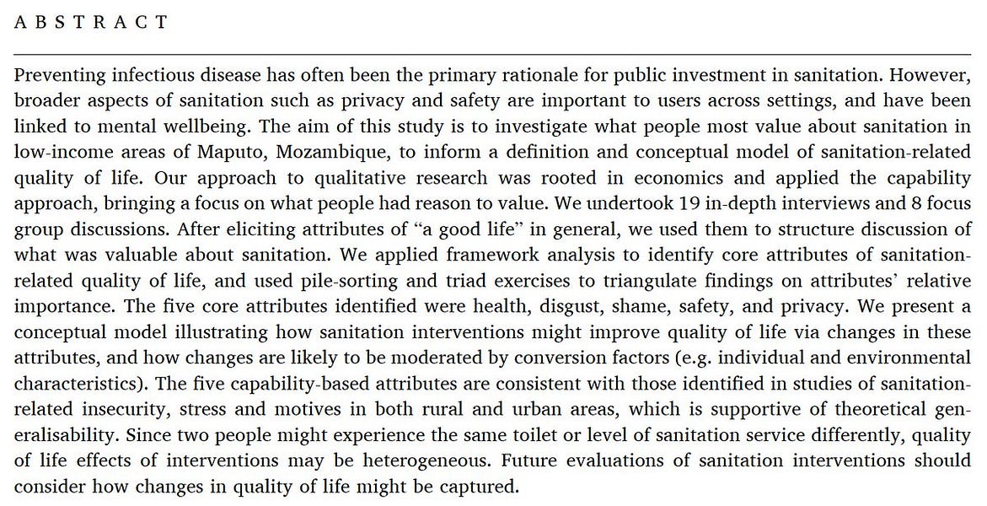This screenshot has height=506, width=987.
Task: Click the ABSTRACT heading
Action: (x=92, y=22)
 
